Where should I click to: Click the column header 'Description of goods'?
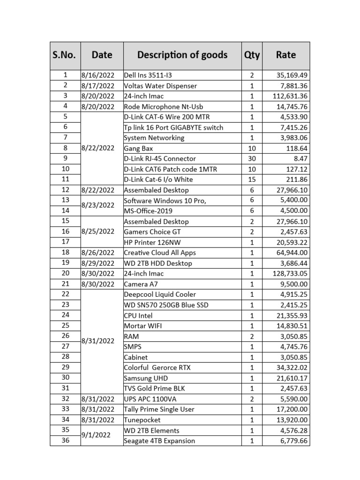point(182,55)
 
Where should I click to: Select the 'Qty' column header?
point(252,55)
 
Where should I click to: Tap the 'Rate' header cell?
point(285,55)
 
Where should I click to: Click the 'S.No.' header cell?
point(65,55)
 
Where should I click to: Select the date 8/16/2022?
point(97,75)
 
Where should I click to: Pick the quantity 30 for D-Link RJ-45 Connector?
point(252,158)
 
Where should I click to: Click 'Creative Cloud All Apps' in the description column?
point(160,253)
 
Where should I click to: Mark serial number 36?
point(65,440)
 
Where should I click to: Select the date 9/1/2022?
point(96,435)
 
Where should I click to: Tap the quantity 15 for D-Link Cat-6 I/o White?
point(252,180)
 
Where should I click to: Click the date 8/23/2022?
point(97,205)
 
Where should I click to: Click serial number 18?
point(65,252)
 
